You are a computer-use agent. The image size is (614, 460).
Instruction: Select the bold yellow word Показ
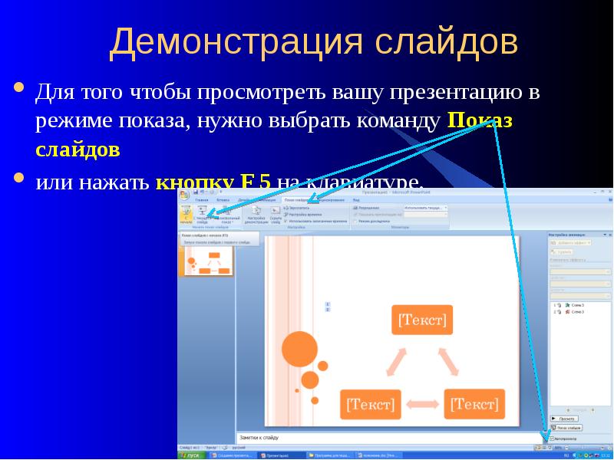[479, 120]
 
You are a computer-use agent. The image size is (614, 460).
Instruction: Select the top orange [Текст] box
[421, 320]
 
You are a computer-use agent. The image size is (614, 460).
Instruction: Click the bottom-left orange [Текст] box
[371, 403]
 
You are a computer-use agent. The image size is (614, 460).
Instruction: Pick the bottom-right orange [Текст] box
[474, 403]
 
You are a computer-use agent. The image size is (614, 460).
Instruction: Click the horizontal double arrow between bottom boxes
[422, 403]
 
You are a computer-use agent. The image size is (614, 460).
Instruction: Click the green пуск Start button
[189, 455]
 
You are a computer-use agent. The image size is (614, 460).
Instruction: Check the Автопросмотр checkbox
[551, 439]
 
